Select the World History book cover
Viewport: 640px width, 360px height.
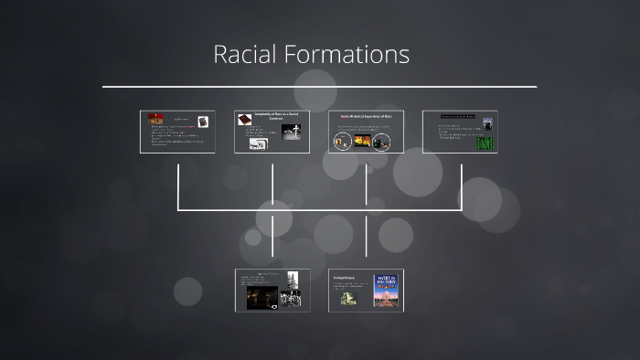(386, 290)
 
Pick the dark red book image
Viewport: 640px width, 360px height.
(244, 119)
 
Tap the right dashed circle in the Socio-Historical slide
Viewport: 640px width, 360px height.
(383, 142)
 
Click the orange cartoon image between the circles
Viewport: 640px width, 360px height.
(361, 141)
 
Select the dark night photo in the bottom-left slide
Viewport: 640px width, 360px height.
(262, 298)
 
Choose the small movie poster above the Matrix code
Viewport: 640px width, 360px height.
(487, 124)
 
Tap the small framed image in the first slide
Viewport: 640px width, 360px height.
(203, 122)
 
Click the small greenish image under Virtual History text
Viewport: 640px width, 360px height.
(348, 297)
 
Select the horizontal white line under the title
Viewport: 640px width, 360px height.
(319, 87)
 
